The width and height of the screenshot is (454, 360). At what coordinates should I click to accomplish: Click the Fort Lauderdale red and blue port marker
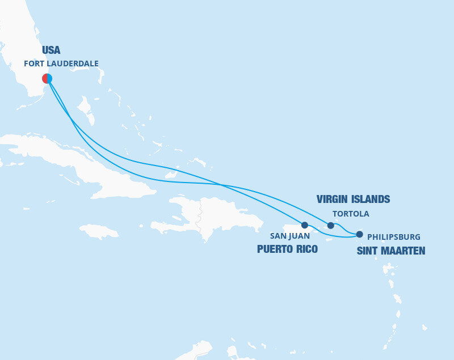(x=47, y=78)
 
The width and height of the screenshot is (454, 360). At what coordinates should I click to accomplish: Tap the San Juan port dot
(x=305, y=225)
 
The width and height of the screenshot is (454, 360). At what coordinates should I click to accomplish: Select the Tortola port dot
(x=331, y=226)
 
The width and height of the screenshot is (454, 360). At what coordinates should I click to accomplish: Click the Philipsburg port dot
(x=359, y=234)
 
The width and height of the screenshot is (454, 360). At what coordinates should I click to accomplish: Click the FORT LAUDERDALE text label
(x=61, y=64)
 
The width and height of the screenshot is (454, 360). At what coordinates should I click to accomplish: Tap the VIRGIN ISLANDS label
(x=352, y=199)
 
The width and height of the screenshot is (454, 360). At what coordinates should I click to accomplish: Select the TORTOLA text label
(x=351, y=214)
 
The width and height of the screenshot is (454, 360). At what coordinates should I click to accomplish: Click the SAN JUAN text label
(x=290, y=236)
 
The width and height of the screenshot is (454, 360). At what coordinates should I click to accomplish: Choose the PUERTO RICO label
(x=287, y=249)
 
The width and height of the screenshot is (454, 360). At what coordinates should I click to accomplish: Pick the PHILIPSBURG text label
(x=394, y=236)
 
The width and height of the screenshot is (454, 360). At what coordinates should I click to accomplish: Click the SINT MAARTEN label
(x=390, y=251)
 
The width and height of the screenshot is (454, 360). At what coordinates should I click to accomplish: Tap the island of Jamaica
(x=99, y=231)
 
